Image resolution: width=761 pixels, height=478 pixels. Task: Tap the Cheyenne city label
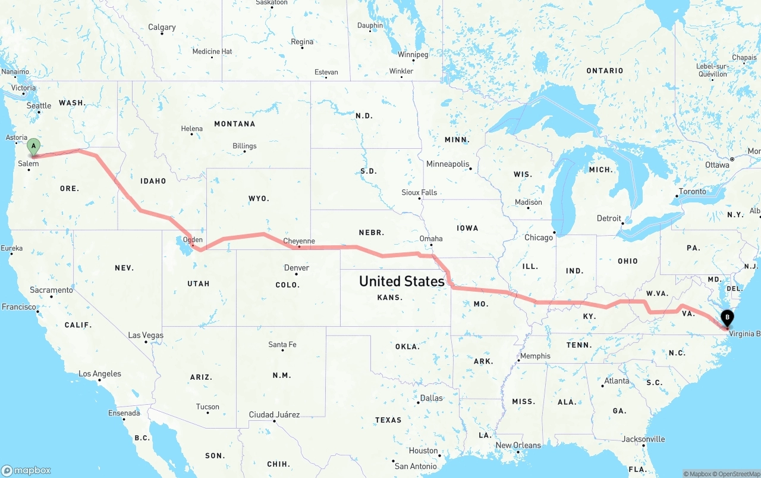click(299, 241)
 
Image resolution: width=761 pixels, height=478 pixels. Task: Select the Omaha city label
click(431, 239)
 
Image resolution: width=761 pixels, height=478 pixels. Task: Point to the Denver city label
click(297, 268)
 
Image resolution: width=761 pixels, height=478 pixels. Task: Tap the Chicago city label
click(539, 238)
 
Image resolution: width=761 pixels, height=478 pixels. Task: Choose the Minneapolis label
click(448, 164)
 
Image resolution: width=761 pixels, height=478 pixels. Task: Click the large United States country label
click(402, 281)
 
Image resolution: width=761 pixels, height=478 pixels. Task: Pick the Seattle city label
click(39, 106)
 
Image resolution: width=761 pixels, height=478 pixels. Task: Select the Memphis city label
click(535, 356)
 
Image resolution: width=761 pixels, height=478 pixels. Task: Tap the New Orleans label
click(518, 445)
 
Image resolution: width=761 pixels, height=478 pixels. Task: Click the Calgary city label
click(162, 27)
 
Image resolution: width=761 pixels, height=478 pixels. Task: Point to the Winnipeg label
click(413, 55)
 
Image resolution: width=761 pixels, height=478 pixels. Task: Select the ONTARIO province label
click(605, 71)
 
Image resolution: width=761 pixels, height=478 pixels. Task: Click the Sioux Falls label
click(419, 193)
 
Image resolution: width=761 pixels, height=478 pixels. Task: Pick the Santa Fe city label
click(282, 345)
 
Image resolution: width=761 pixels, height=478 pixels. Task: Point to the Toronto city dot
click(677, 196)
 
